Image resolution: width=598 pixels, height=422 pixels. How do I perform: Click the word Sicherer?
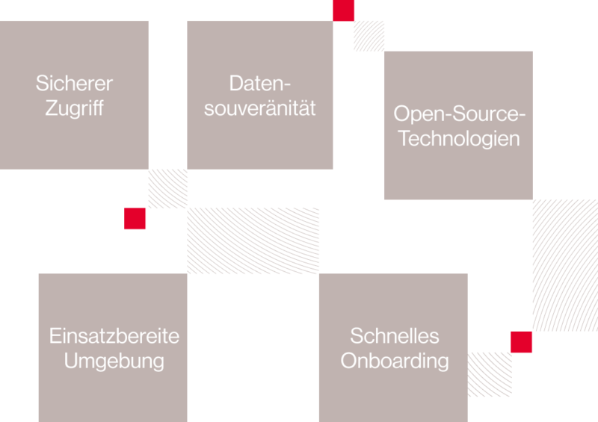point(74,83)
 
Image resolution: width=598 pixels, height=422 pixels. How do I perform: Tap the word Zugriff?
point(74,108)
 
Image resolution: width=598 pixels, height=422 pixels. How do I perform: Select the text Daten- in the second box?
point(260,83)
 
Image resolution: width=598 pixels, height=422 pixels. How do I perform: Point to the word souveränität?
point(259,108)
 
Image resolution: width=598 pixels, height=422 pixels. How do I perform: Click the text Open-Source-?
point(460,114)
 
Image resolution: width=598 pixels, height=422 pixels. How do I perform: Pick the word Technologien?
point(459,138)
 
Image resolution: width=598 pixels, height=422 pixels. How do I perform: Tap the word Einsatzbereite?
point(114,336)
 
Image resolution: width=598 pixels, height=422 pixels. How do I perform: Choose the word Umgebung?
point(114,361)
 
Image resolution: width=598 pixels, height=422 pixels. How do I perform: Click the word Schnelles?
point(395,336)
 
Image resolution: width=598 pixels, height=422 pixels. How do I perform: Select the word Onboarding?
point(395,361)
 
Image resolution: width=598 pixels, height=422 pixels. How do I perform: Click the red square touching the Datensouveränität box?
point(344,10)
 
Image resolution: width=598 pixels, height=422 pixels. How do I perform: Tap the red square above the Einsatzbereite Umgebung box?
point(135,218)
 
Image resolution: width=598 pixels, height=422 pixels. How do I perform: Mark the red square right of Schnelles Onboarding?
point(521,342)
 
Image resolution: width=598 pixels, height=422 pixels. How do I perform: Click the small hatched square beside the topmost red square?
point(369,36)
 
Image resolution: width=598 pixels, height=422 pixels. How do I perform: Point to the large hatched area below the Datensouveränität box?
point(253,241)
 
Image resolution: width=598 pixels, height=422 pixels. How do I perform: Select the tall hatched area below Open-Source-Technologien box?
point(565,265)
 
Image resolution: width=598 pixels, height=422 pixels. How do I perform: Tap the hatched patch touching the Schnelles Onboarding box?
point(490,374)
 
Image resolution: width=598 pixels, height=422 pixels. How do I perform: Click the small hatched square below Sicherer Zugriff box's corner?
point(167,189)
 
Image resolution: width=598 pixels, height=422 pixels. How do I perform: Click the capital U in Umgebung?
point(70,361)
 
